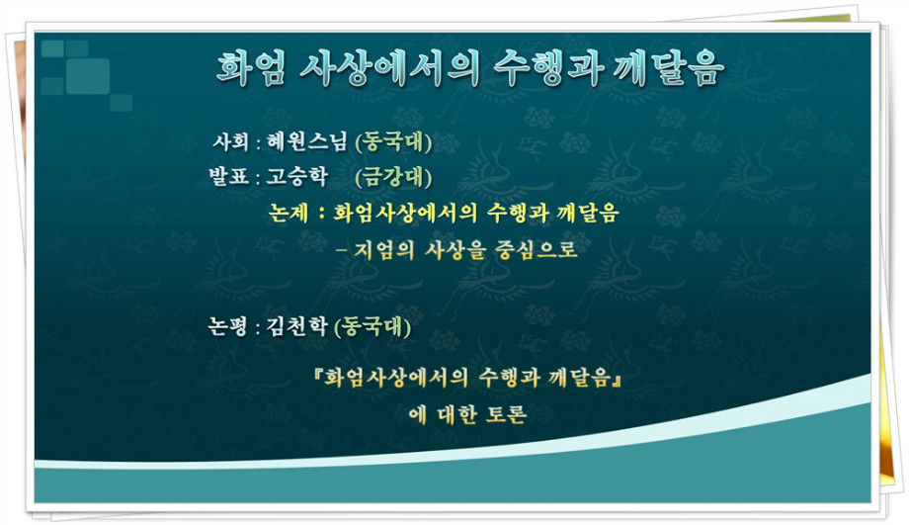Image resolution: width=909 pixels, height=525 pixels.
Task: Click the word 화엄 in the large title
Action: click(251, 68)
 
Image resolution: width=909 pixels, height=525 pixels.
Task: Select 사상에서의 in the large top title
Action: click(389, 68)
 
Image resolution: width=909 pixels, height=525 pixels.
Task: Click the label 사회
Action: click(231, 141)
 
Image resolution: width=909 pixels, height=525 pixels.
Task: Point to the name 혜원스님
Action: click(306, 141)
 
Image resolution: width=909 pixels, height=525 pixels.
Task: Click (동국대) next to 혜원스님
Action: click(393, 142)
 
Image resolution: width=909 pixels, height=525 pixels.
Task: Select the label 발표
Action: click(228, 176)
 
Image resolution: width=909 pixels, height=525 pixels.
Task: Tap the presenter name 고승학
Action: click(296, 176)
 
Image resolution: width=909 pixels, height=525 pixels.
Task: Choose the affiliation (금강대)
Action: click(393, 177)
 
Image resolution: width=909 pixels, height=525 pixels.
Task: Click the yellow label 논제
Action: click(289, 213)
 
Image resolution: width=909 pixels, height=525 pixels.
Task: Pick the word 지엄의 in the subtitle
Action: click(383, 250)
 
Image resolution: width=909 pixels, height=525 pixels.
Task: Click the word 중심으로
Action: click(537, 249)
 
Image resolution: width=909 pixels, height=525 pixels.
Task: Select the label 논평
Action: click(228, 326)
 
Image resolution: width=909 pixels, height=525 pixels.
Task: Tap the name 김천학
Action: click(296, 326)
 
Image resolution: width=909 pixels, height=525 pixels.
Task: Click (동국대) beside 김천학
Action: click(372, 326)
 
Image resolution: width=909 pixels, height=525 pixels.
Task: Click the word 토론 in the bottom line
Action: click(506, 415)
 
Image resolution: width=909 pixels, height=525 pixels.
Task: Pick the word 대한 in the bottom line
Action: click(457, 415)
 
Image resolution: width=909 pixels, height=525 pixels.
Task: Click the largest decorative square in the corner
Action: click(88, 75)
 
